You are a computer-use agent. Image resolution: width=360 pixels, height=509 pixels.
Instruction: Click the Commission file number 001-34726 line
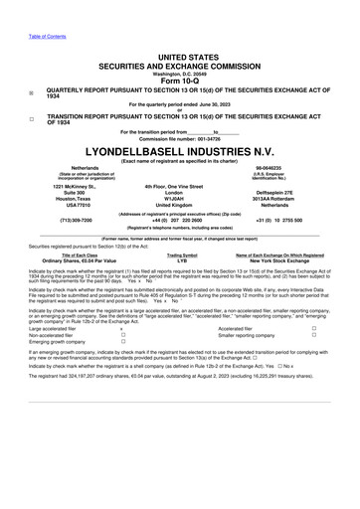179,136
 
